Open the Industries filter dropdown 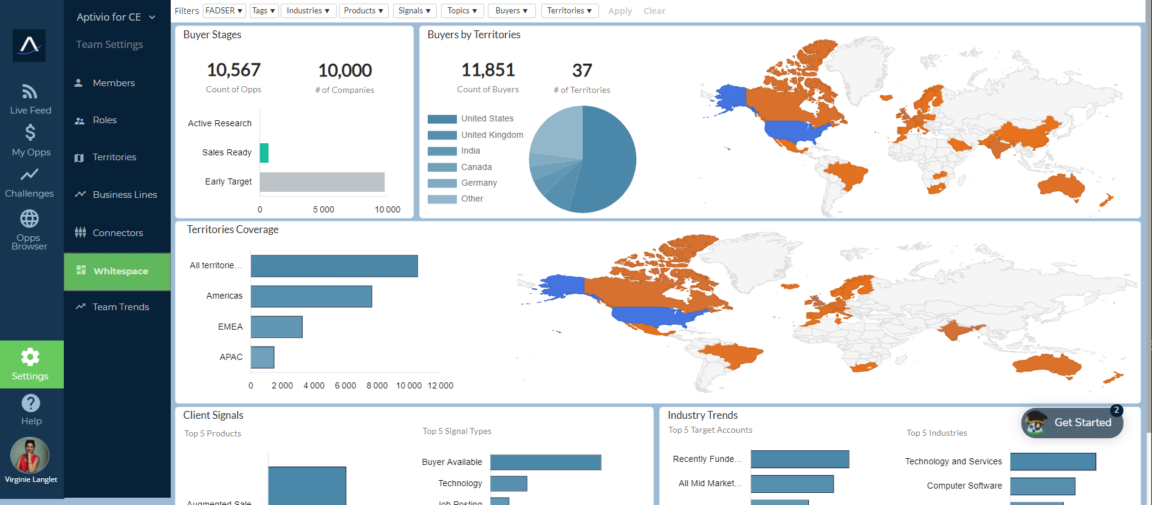[308, 11]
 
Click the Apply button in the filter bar [620, 11]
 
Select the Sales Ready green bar [264, 153]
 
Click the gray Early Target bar [322, 182]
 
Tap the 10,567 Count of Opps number [233, 70]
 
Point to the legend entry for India [470, 151]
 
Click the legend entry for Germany [479, 183]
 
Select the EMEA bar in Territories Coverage [276, 327]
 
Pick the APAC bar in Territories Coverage [262, 358]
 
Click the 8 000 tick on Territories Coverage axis [377, 385]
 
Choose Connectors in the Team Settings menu [117, 233]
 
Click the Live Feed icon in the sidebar [30, 92]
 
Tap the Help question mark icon [30, 403]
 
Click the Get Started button [1072, 422]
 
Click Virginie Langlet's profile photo [30, 455]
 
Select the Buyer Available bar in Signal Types [546, 463]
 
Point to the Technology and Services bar [1053, 462]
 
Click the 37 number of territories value [581, 71]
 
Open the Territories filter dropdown [569, 11]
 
